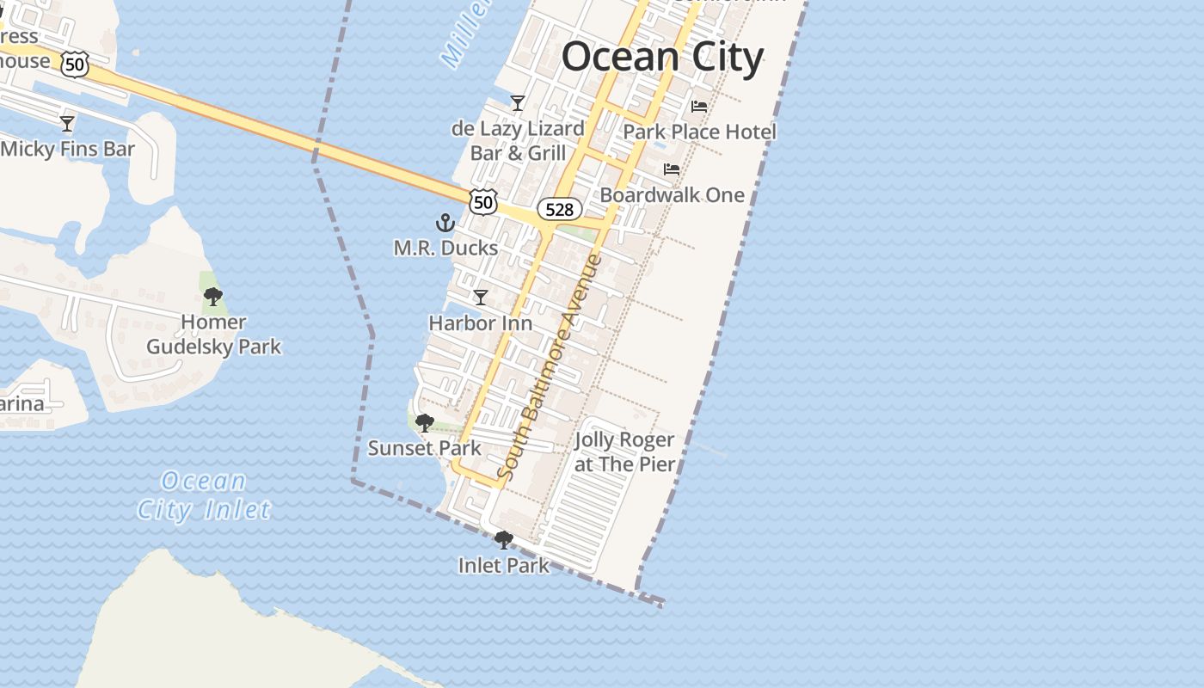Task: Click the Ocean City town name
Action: click(662, 58)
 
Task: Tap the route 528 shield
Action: click(559, 209)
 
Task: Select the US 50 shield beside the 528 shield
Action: click(483, 202)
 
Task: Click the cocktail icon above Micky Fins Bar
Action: click(67, 124)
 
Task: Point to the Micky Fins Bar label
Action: click(68, 149)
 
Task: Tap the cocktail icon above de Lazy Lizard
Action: click(518, 103)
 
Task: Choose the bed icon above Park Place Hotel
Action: click(699, 107)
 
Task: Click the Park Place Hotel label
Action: click(699, 132)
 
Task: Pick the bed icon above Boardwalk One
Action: click(672, 169)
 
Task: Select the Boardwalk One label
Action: click(672, 195)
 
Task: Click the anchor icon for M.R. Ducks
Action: click(445, 224)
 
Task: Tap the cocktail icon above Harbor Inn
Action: click(481, 298)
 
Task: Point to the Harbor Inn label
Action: click(480, 323)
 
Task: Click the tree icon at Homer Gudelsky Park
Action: click(213, 298)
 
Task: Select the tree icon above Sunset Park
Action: click(424, 423)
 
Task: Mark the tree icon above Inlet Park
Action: click(504, 540)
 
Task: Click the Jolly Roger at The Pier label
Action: click(624, 452)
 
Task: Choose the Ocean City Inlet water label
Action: click(204, 495)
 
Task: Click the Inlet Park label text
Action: click(504, 566)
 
